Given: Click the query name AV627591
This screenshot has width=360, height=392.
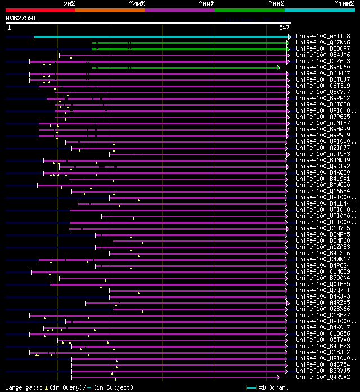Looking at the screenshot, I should pos(21,18).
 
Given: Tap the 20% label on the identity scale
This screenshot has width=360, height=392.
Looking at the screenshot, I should pos(69,3).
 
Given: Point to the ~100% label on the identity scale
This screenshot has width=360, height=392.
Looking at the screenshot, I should pos(344,3).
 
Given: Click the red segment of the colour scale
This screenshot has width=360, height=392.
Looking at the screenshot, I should pos(40,10).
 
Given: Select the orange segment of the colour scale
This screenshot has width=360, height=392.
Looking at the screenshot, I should pos(110,10).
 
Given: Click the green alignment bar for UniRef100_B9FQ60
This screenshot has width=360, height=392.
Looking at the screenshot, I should pos(186,68).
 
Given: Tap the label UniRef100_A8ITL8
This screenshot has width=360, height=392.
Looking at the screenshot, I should pos(322,37).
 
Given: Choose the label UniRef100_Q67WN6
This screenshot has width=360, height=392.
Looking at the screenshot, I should pos(322,43).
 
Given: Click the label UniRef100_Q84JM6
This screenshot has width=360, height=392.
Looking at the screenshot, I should pos(322,55).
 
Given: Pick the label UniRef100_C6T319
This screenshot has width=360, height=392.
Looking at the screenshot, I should pos(322,86).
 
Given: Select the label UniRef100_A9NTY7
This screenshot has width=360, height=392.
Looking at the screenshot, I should pos(322,123).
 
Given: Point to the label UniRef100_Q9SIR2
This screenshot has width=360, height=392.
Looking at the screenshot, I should pos(322,167).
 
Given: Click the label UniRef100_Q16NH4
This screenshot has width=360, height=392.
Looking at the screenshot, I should pos(322,191).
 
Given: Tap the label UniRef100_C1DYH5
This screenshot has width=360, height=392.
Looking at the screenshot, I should pos(322,229).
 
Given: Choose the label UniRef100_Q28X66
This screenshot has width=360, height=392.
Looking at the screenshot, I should pos(322,309).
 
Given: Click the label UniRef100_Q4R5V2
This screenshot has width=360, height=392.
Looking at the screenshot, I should pos(322,377).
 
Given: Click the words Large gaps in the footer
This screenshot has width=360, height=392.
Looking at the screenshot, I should pos(22,387).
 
